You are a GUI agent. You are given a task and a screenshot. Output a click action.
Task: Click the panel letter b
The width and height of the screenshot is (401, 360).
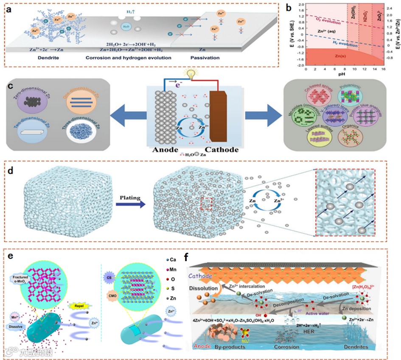(x=290, y=6)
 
